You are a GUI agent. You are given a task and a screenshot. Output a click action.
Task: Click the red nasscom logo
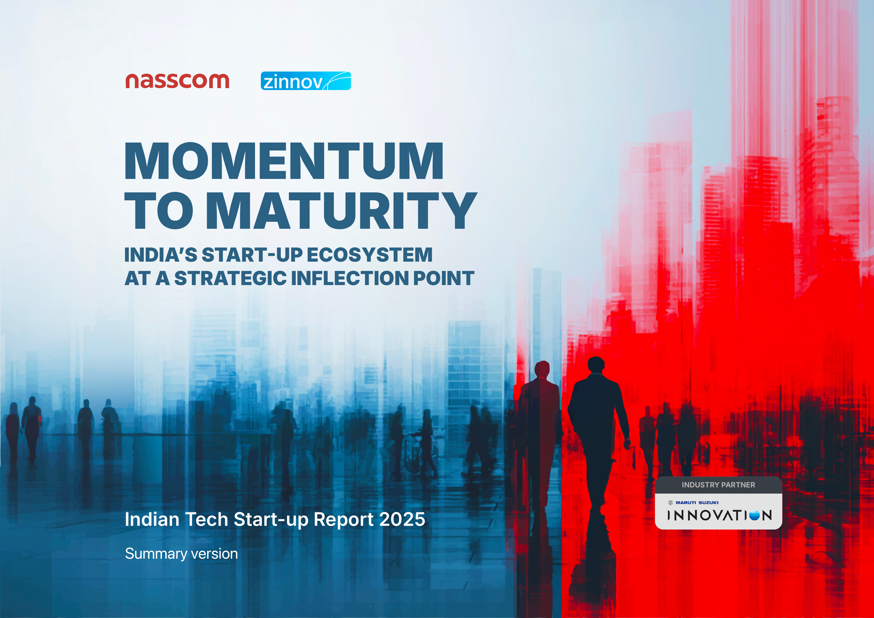click(177, 81)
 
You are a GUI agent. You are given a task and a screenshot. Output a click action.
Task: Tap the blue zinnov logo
click(306, 81)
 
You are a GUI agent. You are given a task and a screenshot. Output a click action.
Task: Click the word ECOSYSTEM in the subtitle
click(370, 255)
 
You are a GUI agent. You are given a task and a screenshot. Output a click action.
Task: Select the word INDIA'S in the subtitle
click(161, 255)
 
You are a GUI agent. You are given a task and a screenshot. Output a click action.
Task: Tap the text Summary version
click(181, 554)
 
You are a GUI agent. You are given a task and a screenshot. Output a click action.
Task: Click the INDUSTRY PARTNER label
click(718, 485)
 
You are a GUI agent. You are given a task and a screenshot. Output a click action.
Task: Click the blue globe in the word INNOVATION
click(754, 515)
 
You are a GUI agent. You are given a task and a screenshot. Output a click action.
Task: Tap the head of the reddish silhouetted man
click(542, 369)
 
